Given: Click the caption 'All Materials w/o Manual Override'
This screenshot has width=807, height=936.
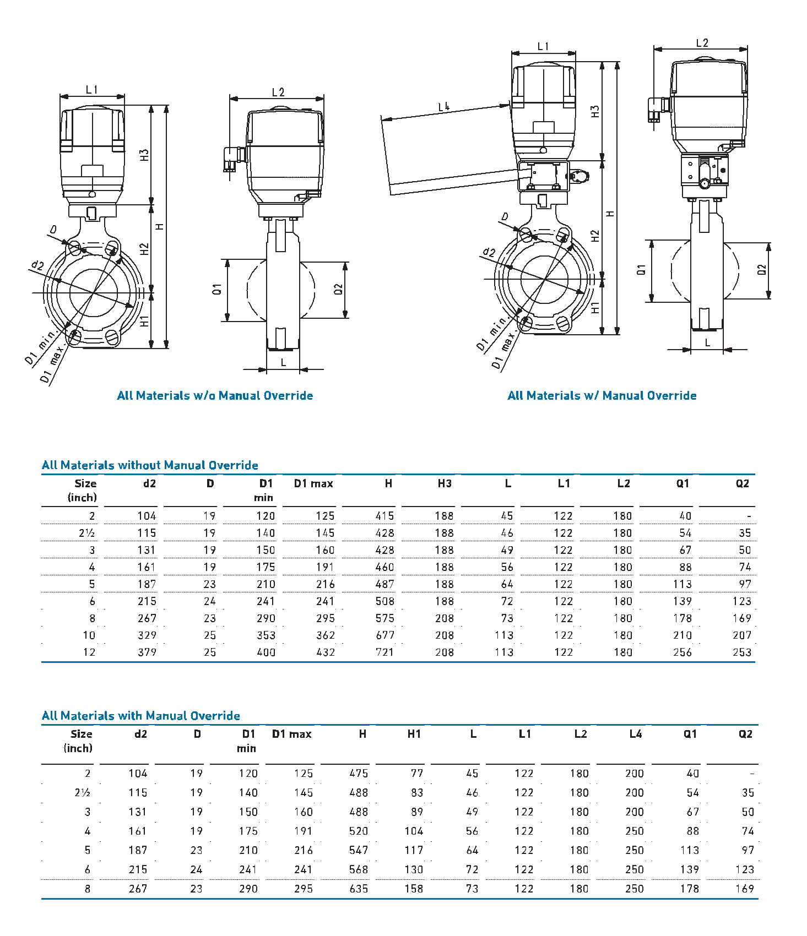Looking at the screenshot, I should [215, 395].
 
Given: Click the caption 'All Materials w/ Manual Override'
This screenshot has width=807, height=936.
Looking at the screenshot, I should [602, 395].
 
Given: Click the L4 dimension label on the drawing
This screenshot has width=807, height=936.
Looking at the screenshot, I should [444, 107].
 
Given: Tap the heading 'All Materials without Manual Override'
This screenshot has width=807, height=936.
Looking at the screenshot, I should [150, 465].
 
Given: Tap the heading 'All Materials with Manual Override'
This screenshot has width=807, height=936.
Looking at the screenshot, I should [141, 716].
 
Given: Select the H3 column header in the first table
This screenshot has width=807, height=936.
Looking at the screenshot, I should [445, 483].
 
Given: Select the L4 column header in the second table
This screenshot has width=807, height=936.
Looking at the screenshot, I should [635, 734].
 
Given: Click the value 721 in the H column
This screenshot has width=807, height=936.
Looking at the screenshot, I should [384, 652].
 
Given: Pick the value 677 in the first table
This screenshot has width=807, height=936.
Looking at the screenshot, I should [384, 635].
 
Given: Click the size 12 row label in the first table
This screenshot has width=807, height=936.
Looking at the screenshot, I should [89, 652].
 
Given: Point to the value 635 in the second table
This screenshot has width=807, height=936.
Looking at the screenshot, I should [359, 889].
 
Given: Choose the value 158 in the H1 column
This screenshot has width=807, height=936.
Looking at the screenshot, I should [414, 889].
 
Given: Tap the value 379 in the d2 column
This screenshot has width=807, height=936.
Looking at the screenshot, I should [147, 652].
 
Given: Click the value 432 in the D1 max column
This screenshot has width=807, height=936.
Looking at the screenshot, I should [325, 652].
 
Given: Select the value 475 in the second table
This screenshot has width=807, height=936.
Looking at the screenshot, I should [359, 774].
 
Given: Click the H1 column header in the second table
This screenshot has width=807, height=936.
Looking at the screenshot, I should [414, 734].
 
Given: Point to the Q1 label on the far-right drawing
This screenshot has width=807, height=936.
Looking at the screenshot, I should [641, 270].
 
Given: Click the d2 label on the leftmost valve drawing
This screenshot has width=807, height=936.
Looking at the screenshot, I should [37, 265].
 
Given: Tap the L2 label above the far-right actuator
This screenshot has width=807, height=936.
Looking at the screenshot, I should [702, 43].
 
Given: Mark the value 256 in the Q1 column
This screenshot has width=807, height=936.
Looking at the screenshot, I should [682, 652].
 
